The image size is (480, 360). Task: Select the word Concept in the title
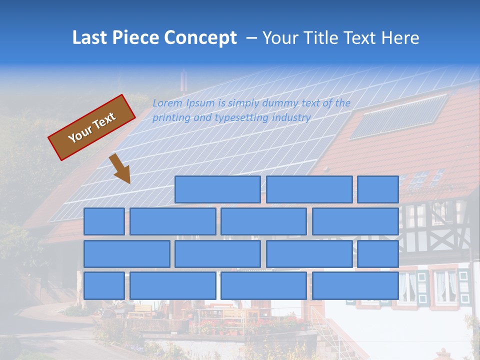pos(200,38)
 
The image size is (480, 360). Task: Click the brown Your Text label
pos(91,127)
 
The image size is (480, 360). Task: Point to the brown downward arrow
pos(120,168)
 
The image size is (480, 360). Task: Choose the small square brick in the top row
pos(378,189)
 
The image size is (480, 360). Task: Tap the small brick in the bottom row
pos(104,285)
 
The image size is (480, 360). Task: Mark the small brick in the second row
pos(104,221)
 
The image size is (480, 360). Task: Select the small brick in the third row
pos(378,253)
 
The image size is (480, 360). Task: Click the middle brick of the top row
pos(309,189)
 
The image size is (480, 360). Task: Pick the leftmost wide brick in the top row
pos(217,189)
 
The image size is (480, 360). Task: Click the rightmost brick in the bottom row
pos(355,285)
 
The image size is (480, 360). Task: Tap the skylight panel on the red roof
pos(399,116)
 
